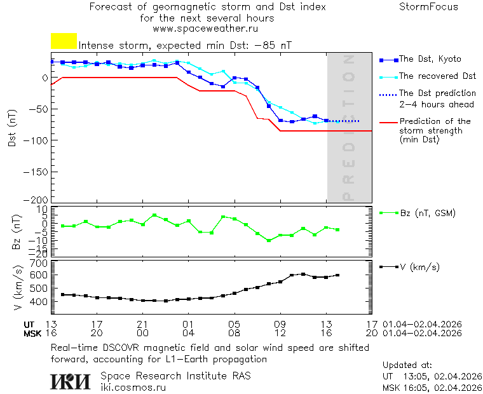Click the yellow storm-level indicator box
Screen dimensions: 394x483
coord(64,41)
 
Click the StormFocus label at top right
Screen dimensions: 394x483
coord(428,7)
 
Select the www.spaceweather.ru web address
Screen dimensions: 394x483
coord(205,29)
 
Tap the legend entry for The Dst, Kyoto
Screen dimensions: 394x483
coord(430,59)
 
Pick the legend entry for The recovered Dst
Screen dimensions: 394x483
coord(437,76)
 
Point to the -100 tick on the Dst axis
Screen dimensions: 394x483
coord(37,140)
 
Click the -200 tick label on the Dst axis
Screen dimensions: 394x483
coord(37,200)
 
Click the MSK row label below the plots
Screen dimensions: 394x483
coord(32,333)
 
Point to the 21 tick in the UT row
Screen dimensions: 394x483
coord(143,324)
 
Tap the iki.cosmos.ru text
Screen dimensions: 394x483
coord(133,386)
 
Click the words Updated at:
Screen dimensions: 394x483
coord(407,365)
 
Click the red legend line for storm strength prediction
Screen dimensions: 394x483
coord(388,121)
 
